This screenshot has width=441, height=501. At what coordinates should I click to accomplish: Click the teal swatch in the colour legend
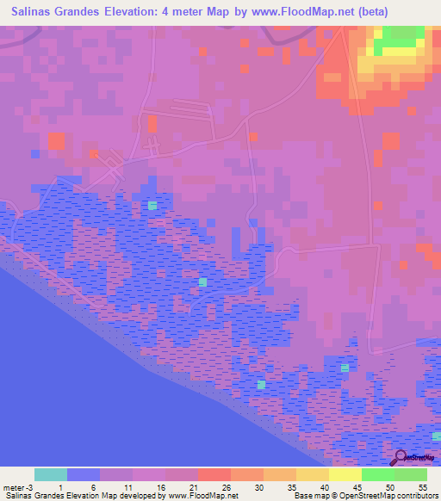51,474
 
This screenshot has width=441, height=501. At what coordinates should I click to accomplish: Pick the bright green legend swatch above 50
378,474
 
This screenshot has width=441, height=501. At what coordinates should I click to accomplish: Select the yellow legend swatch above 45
345,474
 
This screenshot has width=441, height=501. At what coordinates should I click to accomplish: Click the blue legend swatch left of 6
84,474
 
